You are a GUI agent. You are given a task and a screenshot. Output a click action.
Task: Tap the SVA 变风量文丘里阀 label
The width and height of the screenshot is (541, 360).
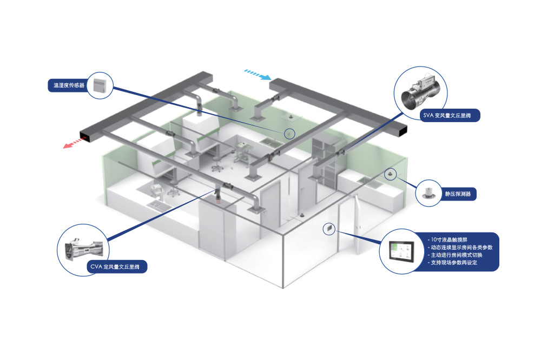coord(448,115)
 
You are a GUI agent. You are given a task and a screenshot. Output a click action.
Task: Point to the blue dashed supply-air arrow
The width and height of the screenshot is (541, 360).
coord(257,74)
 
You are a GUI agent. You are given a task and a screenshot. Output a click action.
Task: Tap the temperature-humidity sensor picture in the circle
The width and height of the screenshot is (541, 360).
coord(99,85)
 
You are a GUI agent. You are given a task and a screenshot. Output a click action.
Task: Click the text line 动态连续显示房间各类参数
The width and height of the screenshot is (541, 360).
coord(460,247)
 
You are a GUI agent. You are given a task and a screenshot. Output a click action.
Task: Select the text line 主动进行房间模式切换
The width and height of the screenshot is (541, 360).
coord(457,255)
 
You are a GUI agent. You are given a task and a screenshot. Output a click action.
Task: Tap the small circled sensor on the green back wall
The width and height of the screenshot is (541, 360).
coord(289,134)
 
